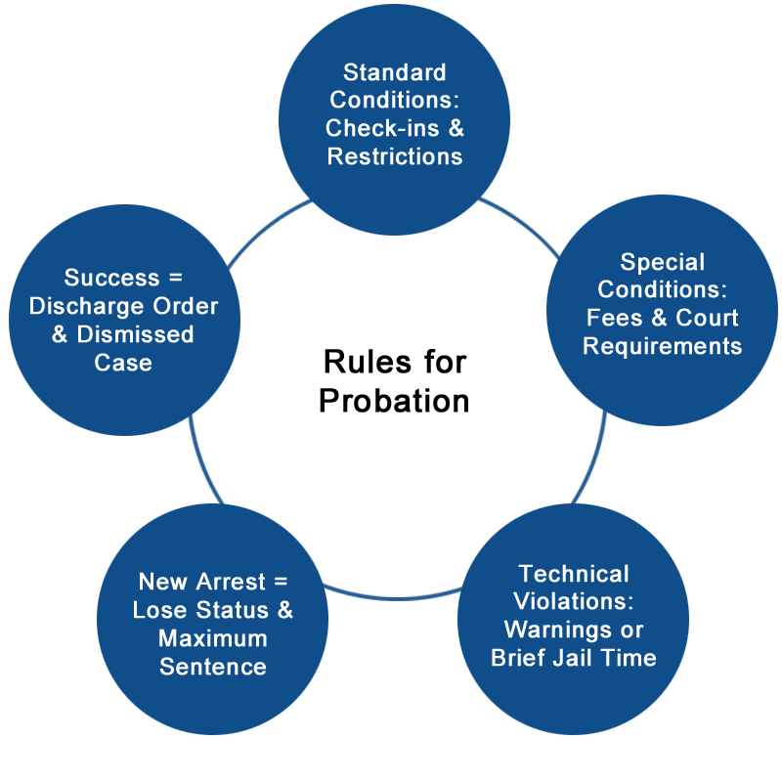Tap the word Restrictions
tap(394, 156)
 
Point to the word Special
tap(662, 262)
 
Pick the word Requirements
tap(662, 346)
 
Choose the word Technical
tap(574, 573)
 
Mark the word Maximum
tap(213, 638)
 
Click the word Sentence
tap(213, 667)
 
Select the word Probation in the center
tap(394, 401)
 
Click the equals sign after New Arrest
tap(280, 582)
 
